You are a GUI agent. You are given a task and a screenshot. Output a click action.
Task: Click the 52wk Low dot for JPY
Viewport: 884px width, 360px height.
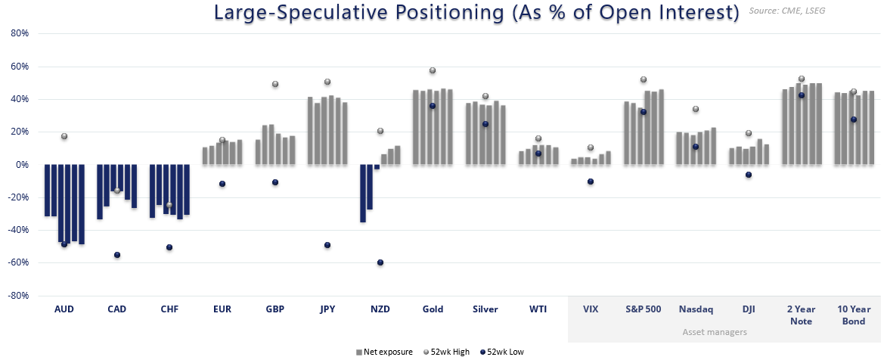327,245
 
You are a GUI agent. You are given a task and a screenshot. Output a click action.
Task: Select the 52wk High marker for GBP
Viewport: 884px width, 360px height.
275,84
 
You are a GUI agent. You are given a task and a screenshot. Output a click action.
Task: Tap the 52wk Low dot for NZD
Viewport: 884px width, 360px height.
380,262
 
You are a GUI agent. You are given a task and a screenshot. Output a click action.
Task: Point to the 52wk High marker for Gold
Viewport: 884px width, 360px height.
433,70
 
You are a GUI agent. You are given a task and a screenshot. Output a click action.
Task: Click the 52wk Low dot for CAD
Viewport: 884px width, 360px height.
117,255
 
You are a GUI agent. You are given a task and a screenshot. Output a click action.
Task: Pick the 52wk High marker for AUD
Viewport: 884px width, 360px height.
64,136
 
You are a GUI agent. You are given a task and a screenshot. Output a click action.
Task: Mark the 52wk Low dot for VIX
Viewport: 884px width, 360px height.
591,182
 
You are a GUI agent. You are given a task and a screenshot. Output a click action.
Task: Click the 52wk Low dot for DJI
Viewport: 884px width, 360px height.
749,175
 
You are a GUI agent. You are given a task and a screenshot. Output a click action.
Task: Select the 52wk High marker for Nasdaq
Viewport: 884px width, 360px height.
696,109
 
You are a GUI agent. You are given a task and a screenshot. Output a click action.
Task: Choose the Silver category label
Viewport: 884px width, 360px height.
485,309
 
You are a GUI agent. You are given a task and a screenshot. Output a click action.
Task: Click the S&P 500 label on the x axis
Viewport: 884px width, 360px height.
643,309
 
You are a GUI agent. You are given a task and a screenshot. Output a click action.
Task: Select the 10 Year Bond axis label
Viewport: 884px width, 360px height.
854,315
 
